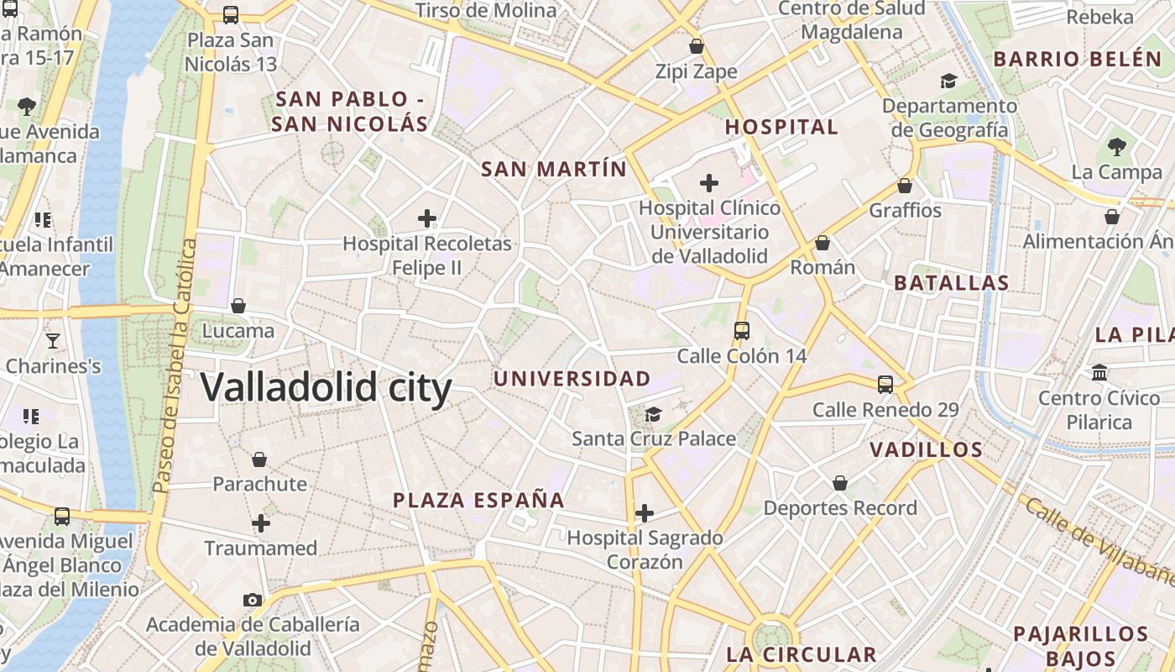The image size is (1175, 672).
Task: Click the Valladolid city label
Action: pyautogui.click(x=326, y=388)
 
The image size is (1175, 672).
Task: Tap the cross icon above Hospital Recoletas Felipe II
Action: pyautogui.click(x=427, y=219)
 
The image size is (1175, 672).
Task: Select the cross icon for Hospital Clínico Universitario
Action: pyautogui.click(x=709, y=182)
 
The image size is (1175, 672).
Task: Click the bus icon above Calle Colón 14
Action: pyautogui.click(x=741, y=331)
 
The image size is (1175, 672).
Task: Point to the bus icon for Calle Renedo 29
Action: pyautogui.click(x=885, y=385)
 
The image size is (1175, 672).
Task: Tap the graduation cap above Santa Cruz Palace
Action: pyautogui.click(x=653, y=414)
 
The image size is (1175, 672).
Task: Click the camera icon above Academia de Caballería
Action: pyautogui.click(x=252, y=600)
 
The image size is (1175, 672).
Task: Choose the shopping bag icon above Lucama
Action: pyautogui.click(x=238, y=306)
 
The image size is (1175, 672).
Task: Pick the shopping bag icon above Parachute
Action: pyautogui.click(x=259, y=459)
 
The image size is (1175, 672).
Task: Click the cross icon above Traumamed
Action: pyautogui.click(x=261, y=523)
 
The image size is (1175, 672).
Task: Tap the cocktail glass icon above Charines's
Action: pyautogui.click(x=53, y=340)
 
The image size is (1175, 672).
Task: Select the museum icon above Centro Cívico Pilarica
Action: pyautogui.click(x=1099, y=372)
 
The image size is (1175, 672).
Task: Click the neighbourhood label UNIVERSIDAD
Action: pyautogui.click(x=572, y=379)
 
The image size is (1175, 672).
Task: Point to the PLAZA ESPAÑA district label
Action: pyautogui.click(x=478, y=501)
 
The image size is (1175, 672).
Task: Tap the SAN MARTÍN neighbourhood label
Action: pyautogui.click(x=553, y=169)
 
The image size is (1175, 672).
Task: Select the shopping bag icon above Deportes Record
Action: pyautogui.click(x=840, y=483)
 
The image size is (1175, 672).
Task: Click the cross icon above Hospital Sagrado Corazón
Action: pyautogui.click(x=645, y=512)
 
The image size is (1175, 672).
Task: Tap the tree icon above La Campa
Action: pyautogui.click(x=1116, y=147)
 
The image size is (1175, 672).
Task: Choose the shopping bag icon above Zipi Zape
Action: pyautogui.click(x=696, y=46)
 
